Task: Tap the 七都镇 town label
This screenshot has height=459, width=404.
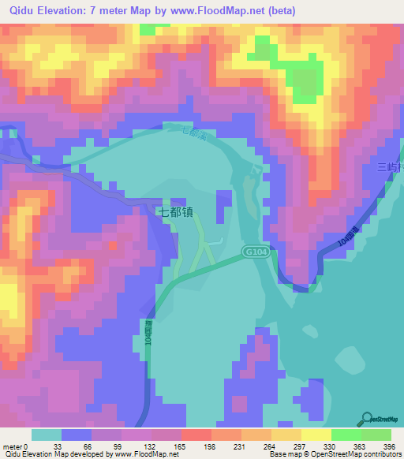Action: pos(175,211)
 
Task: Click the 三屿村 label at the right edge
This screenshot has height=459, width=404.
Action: pos(390,167)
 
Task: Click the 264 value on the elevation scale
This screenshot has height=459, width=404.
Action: pos(271,446)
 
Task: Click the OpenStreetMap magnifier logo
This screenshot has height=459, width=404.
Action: pos(367,418)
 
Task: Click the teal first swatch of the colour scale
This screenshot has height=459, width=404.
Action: pos(47,435)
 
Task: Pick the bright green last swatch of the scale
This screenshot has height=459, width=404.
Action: pos(376,435)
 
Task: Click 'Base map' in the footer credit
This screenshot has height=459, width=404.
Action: pos(282,454)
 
